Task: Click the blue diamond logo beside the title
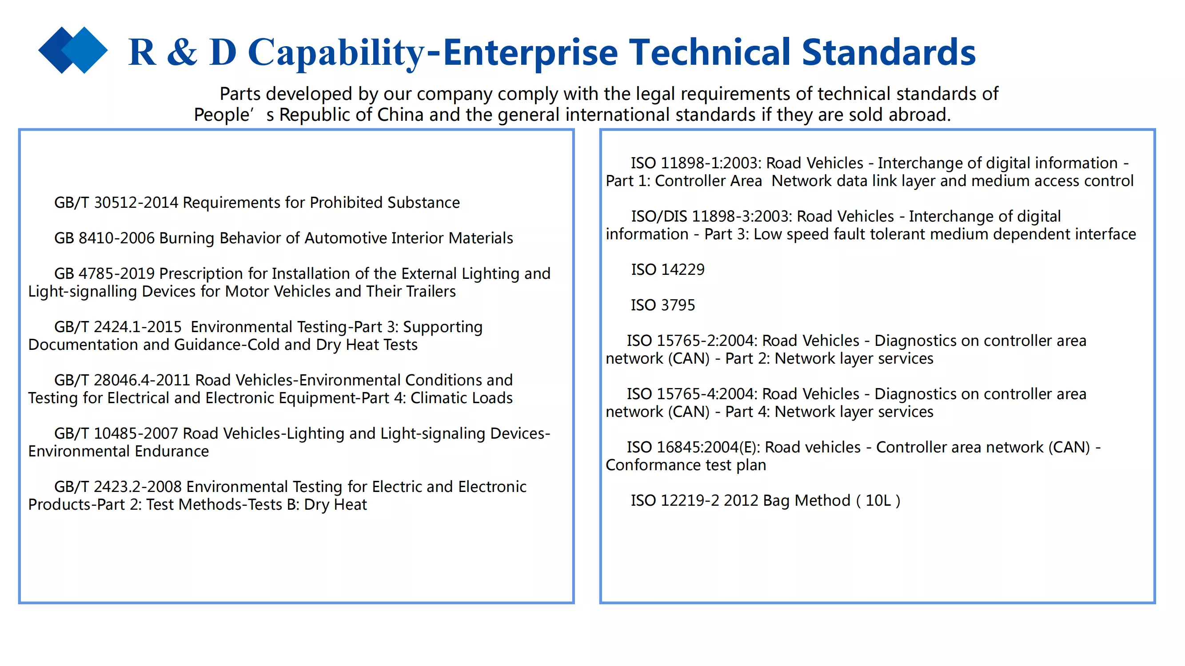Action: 73,50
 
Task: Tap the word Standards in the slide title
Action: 888,52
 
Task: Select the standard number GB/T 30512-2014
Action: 116,202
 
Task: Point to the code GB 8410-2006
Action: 104,238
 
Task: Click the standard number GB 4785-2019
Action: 104,273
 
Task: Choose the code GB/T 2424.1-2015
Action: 118,326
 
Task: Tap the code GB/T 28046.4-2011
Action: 122,380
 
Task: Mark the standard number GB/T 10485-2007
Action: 116,433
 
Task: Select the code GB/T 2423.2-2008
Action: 118,486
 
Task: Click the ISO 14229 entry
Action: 667,270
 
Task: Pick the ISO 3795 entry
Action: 663,305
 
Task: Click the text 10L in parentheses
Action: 878,500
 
